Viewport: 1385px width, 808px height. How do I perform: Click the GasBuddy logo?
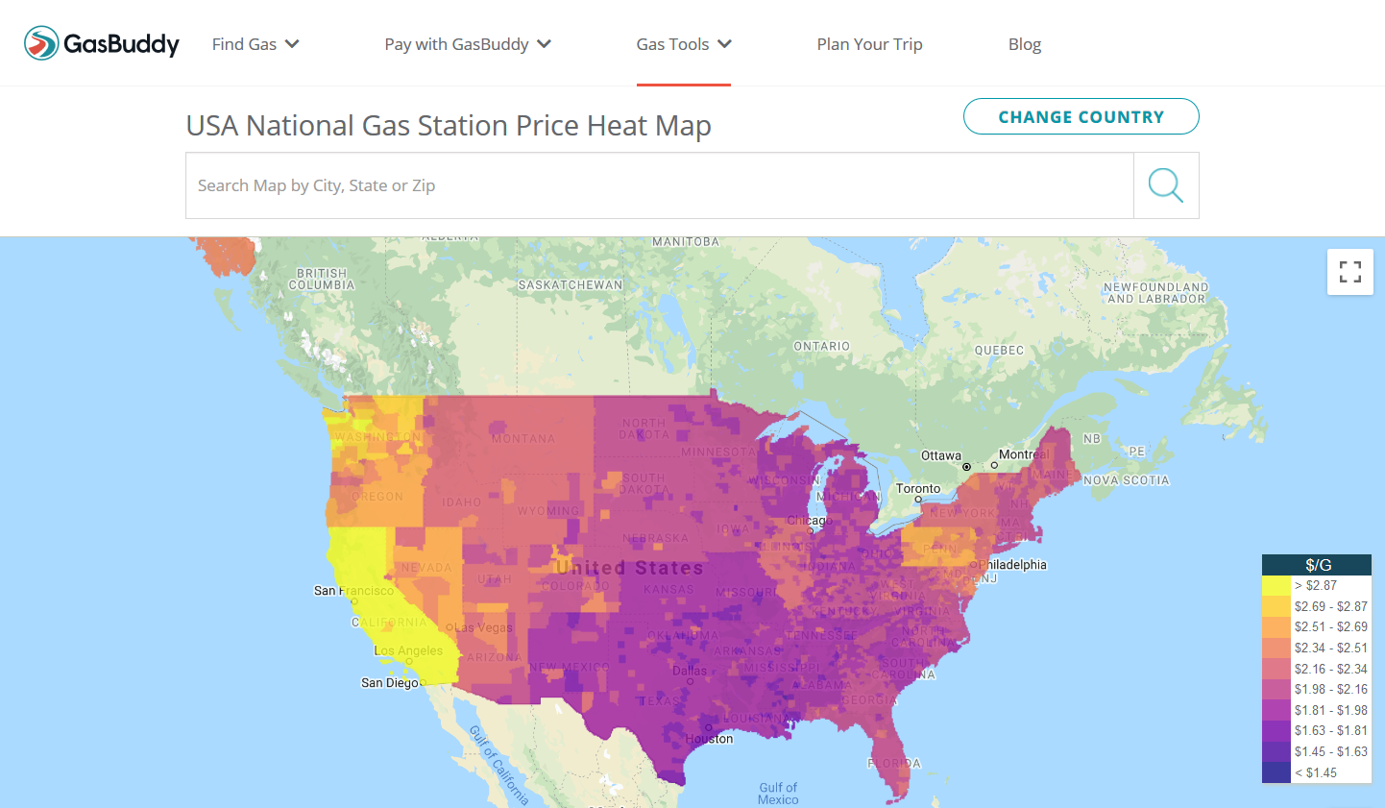click(102, 43)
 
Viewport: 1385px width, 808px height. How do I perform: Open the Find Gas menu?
click(255, 44)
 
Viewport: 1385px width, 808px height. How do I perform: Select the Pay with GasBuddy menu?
click(468, 44)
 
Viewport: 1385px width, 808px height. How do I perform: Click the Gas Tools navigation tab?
click(684, 44)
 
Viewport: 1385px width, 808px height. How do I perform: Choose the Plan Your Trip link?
click(869, 44)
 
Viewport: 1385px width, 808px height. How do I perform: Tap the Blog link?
click(1025, 44)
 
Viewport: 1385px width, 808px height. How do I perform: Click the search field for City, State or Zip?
click(659, 185)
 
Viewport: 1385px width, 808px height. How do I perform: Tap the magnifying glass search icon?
click(1166, 185)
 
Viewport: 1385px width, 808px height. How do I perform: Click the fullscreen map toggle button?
click(1350, 272)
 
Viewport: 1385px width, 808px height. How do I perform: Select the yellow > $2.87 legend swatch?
click(1276, 585)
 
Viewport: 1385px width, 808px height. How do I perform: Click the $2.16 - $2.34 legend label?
click(1330, 669)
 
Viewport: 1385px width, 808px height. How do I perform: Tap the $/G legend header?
click(1317, 565)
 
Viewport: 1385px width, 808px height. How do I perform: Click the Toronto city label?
click(918, 488)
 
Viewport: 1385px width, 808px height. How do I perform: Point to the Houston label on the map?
click(709, 739)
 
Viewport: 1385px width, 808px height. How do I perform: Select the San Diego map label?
click(389, 683)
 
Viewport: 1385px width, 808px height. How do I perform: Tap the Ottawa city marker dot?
click(967, 466)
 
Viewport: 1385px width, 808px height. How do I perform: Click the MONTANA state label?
click(523, 439)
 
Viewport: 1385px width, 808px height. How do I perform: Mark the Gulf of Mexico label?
click(778, 794)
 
